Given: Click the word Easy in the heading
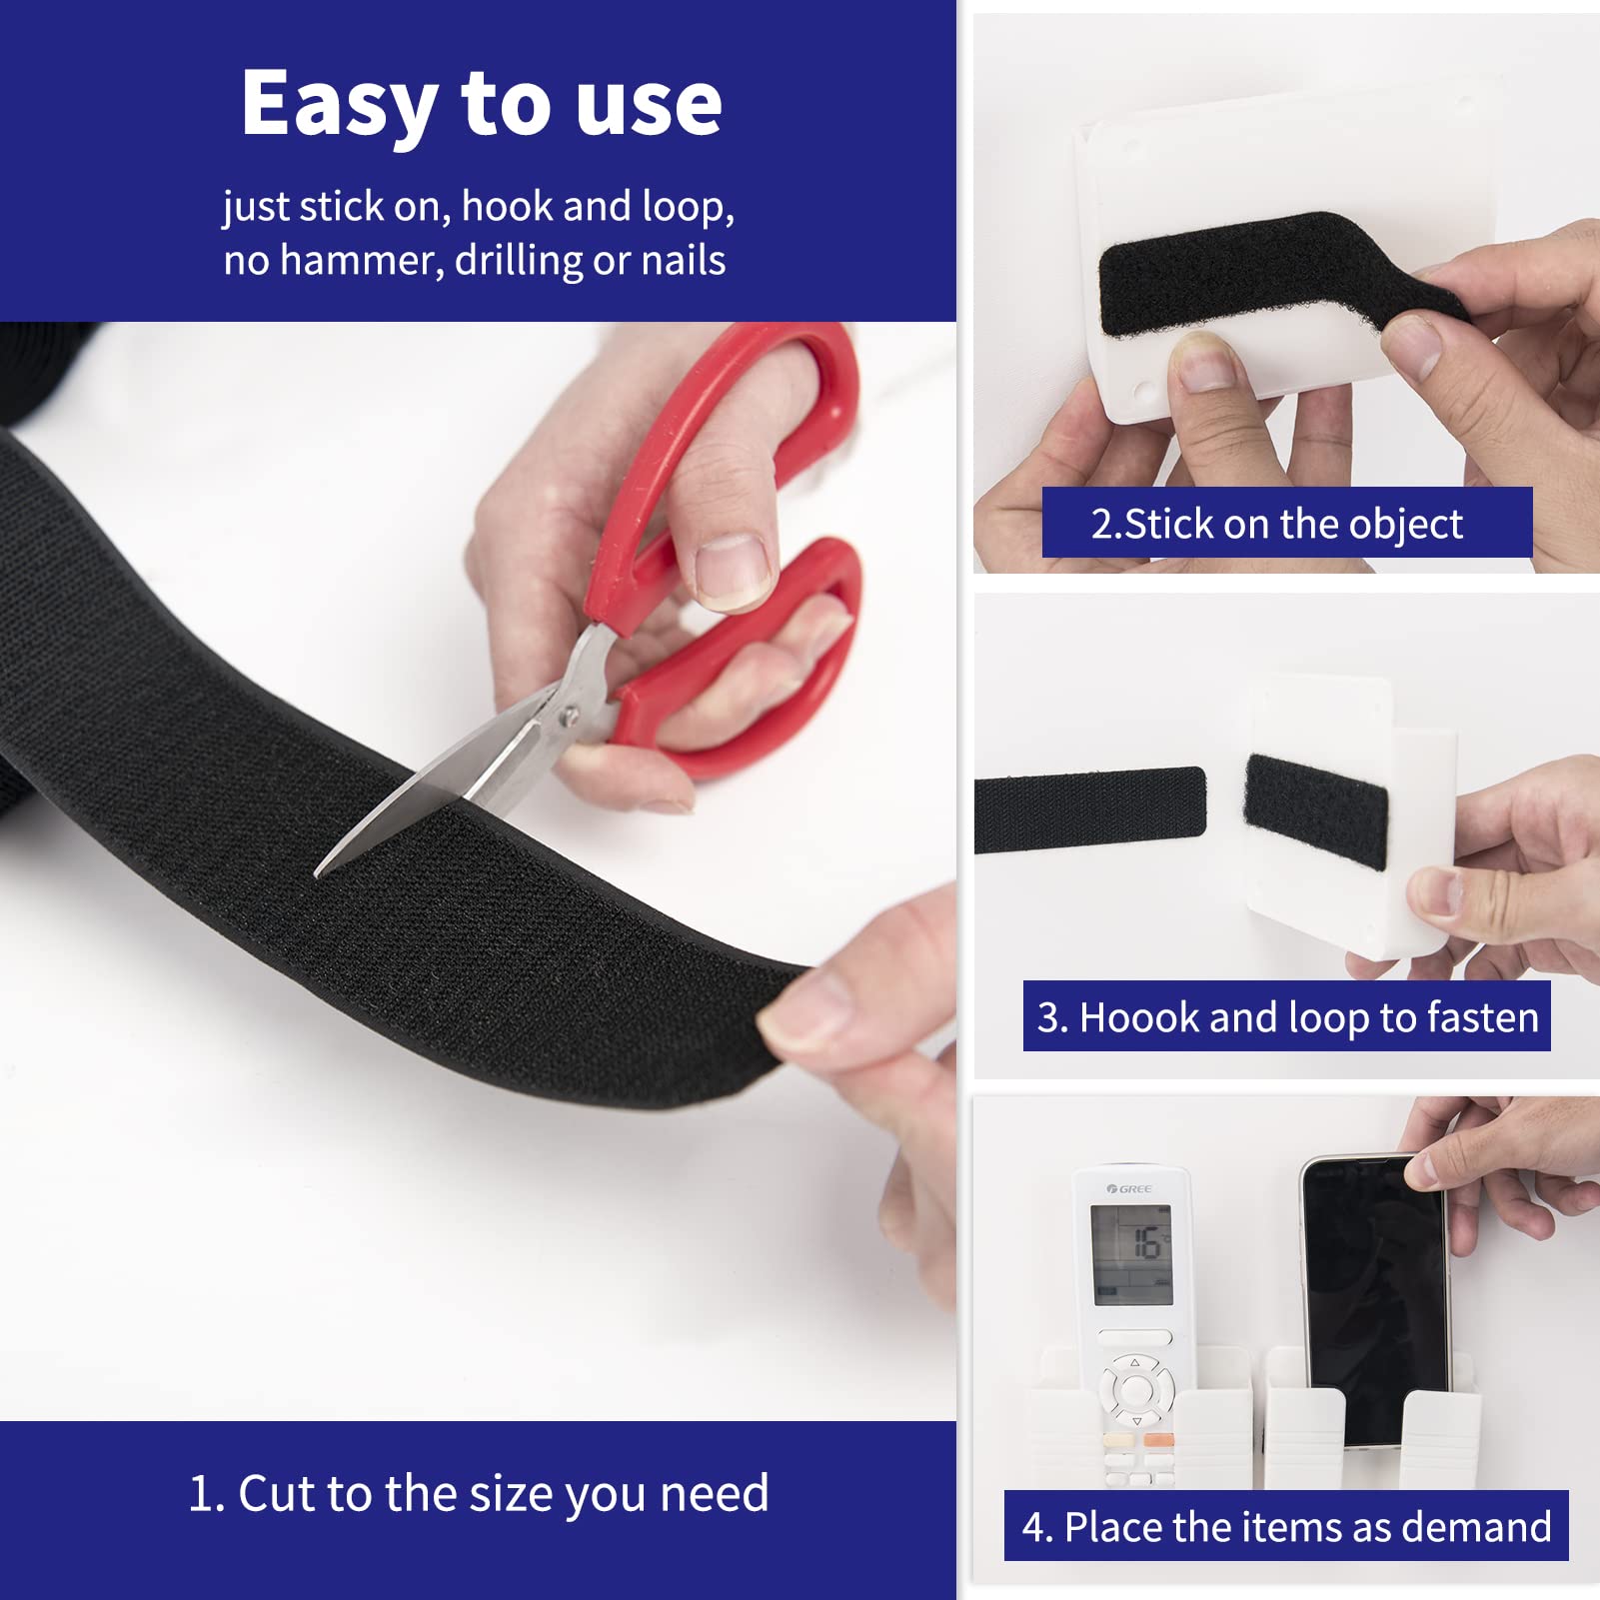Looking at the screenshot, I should click(338, 105).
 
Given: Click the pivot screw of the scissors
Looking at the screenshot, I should click(570, 716).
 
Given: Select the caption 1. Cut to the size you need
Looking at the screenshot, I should click(478, 1494).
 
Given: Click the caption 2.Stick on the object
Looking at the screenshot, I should click(1286, 524).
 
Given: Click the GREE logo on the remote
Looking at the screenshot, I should click(1129, 1188).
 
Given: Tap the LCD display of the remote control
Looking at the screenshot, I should click(1131, 1254).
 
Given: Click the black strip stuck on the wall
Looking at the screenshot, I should click(1089, 809).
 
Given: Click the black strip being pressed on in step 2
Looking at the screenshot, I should click(1259, 275).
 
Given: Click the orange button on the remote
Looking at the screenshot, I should click(1157, 1440).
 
